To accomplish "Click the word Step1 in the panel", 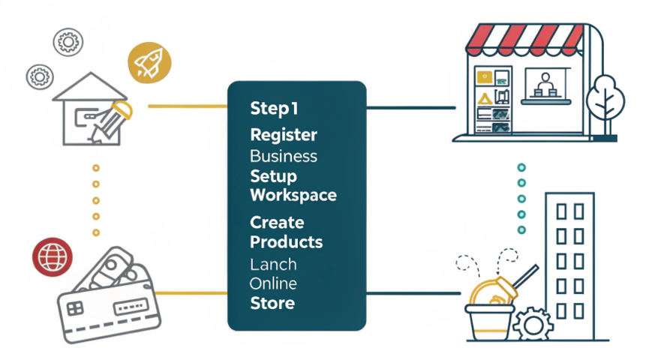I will point(274,109).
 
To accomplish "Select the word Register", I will point(283,136).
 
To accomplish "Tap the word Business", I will point(283,157).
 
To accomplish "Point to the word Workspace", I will point(293,195).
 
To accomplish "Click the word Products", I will point(286,242).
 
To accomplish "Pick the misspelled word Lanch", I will point(273,265).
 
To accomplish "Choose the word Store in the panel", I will point(272,304).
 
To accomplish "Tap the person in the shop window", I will point(545,83).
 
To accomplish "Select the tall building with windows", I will point(569,255).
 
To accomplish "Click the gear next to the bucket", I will point(534,324).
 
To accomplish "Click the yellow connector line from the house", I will point(188,106).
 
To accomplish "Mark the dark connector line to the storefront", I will point(410,107).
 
